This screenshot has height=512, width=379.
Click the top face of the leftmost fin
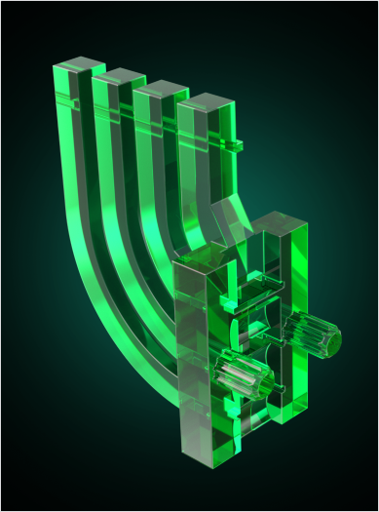[78, 66]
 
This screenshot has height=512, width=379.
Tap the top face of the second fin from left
[120, 76]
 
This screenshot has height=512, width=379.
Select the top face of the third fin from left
[162, 89]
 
